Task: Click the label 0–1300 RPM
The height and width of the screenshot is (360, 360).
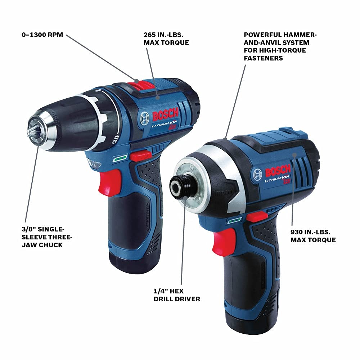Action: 42,35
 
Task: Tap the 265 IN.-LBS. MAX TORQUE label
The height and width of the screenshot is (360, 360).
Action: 166,39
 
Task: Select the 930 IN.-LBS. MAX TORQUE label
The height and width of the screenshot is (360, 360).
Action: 313,236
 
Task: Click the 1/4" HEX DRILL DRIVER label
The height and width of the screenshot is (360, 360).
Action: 177,295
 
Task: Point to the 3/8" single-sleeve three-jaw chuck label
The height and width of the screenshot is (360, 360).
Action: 47,237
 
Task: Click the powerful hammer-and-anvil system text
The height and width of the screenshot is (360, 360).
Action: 280,46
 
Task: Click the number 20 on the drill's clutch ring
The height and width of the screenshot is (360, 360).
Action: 116,139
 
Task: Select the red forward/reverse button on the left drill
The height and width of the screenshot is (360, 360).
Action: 140,155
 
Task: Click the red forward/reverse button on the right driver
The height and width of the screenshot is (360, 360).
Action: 257,217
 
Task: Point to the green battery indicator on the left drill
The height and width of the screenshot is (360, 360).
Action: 120,158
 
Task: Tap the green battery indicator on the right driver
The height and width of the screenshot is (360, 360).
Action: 234,220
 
